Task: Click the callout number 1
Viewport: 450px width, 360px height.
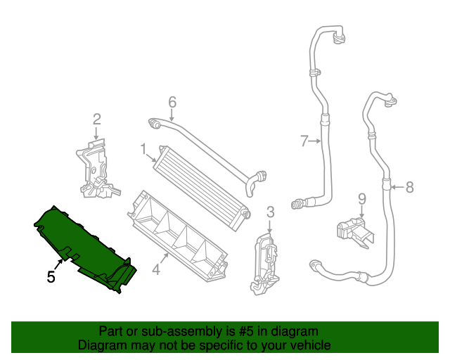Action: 143,149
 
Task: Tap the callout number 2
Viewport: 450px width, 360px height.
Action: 97,119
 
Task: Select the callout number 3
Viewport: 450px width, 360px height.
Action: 270,212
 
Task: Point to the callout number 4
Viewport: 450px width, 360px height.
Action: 156,268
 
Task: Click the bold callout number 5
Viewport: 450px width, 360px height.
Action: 51,277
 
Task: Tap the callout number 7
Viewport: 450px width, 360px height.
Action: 304,141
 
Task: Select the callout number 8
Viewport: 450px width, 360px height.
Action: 410,187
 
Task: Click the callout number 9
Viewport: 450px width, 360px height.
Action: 362,198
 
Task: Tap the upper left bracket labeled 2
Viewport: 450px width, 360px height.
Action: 95,169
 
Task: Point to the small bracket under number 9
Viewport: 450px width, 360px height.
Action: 352,230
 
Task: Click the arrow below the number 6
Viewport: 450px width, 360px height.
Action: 172,114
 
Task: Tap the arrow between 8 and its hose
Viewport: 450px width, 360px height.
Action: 397,187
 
